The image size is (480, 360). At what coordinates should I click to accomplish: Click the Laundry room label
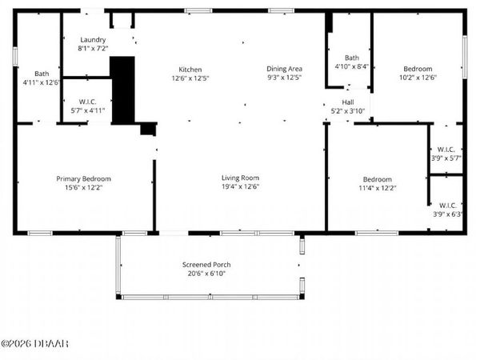(x=93, y=39)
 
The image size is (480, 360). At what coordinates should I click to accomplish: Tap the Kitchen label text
(x=190, y=70)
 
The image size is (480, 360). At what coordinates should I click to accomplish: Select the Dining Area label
(x=284, y=70)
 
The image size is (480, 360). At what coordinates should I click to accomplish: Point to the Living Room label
(x=240, y=178)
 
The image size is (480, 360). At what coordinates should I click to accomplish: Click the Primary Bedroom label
(x=83, y=178)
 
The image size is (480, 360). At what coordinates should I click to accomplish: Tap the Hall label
(x=348, y=102)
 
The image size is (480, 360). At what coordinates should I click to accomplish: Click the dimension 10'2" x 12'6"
(x=418, y=78)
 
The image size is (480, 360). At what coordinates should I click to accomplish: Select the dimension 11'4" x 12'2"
(x=378, y=187)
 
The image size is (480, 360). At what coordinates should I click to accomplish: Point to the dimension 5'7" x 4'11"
(x=88, y=110)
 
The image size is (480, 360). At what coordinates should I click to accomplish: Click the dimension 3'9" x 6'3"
(x=446, y=214)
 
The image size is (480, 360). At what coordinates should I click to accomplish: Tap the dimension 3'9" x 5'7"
(x=446, y=158)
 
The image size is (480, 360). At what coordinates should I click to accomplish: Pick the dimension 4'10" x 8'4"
(x=351, y=67)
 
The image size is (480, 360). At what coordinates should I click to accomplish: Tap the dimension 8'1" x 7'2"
(x=93, y=48)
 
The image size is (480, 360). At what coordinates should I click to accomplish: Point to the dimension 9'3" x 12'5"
(x=284, y=78)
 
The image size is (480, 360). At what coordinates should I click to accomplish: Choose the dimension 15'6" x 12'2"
(x=83, y=187)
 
